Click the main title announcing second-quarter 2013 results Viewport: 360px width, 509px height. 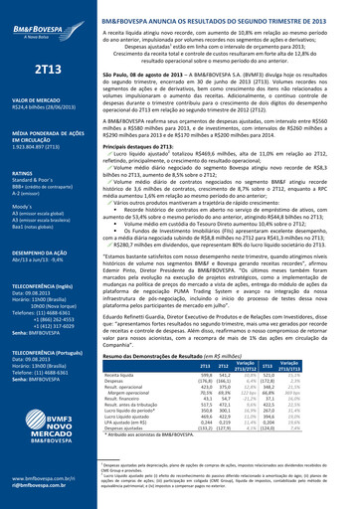(x=239, y=8)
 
